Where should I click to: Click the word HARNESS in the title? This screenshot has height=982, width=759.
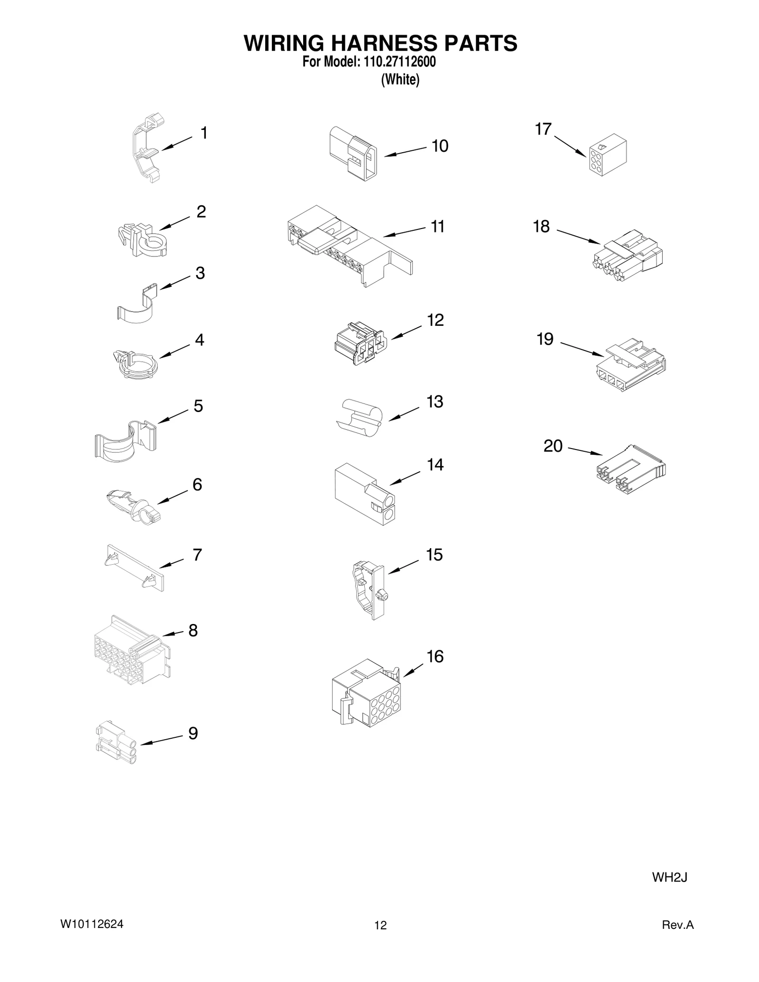(x=380, y=44)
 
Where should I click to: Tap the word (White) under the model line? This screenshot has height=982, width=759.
(x=400, y=80)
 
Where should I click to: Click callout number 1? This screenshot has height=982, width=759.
(x=204, y=133)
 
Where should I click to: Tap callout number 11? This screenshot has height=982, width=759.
(x=437, y=227)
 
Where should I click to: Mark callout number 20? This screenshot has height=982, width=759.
(x=553, y=446)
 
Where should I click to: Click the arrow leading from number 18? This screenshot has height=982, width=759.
(x=578, y=237)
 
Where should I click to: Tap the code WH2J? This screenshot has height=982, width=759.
(x=669, y=877)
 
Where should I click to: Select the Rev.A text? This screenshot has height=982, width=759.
(x=677, y=925)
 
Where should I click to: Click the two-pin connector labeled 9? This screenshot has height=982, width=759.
(x=116, y=742)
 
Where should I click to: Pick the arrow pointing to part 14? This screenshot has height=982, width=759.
(x=404, y=477)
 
